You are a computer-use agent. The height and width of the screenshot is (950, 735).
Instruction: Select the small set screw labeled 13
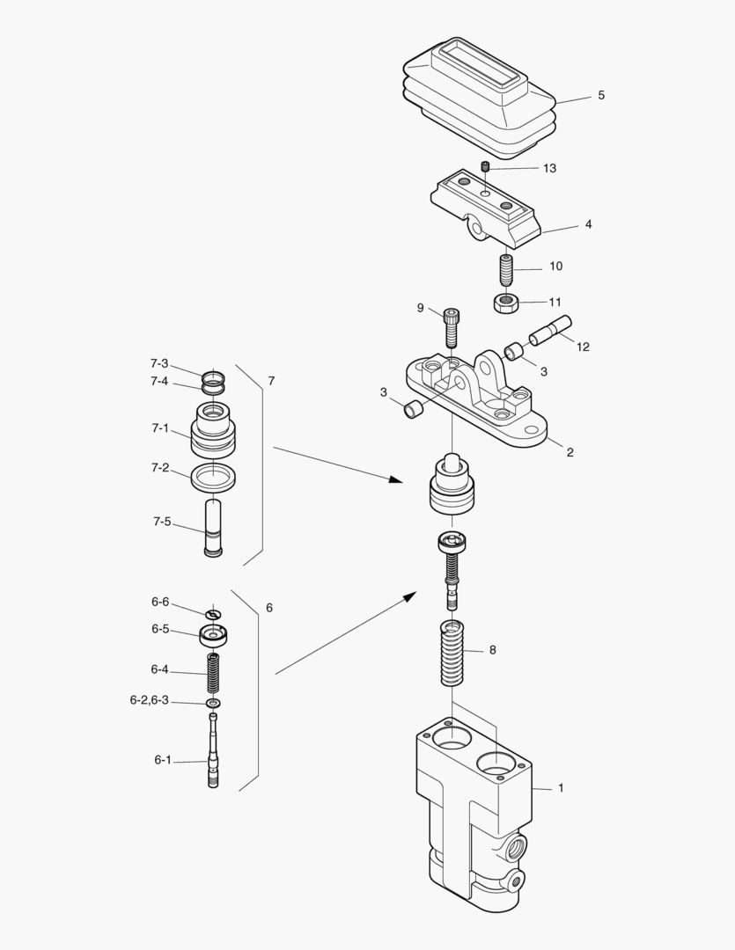(484, 166)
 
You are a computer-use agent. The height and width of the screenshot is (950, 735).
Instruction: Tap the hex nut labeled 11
(504, 304)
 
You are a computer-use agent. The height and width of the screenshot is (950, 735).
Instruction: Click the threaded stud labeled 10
(505, 268)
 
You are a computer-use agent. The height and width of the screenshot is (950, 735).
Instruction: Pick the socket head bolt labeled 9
(452, 328)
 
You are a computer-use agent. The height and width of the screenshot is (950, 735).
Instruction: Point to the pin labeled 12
(550, 331)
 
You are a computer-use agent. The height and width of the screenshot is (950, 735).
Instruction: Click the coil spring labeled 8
(452, 656)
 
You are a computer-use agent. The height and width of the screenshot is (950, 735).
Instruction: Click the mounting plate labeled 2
(475, 405)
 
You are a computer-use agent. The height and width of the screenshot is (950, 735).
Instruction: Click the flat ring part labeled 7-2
(213, 478)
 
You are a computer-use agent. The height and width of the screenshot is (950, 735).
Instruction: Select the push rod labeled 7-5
(213, 527)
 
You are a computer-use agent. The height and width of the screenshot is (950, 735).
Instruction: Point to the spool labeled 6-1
(213, 752)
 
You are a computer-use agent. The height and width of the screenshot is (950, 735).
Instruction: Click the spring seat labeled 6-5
(213, 633)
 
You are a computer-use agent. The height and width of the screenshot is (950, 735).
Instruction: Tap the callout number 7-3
(159, 362)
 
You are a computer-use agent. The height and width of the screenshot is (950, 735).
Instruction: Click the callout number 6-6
(159, 602)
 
